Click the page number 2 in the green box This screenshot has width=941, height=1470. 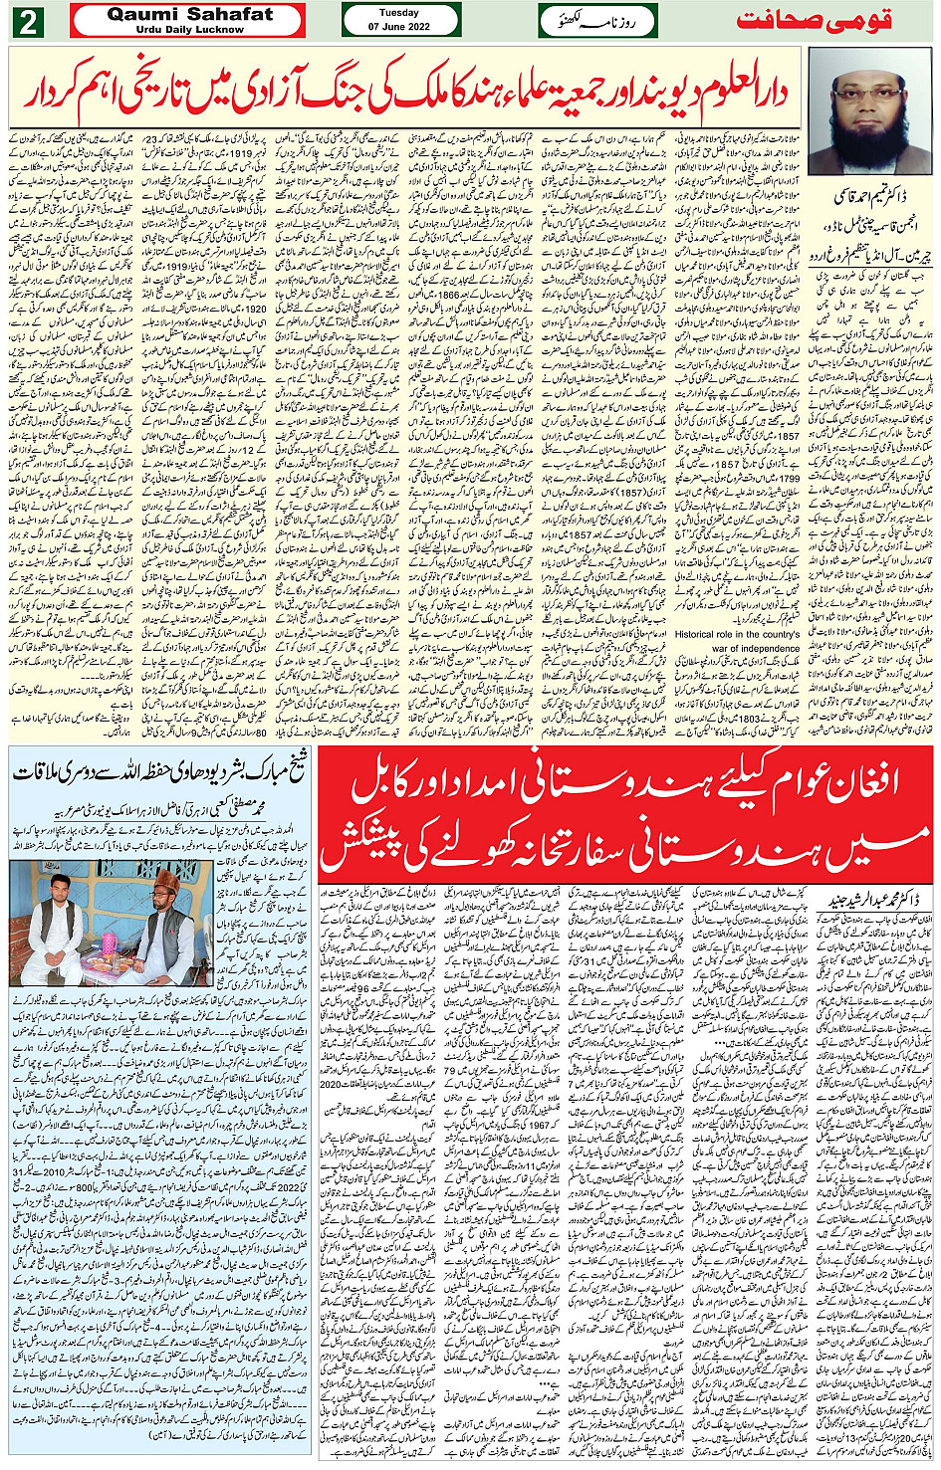tap(27, 21)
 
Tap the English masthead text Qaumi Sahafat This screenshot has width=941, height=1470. tap(189, 14)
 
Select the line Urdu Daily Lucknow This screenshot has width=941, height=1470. tap(189, 30)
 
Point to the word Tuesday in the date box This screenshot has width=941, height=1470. tap(398, 13)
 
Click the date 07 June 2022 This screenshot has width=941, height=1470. tap(398, 27)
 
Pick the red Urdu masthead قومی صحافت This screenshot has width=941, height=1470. tap(814, 20)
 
